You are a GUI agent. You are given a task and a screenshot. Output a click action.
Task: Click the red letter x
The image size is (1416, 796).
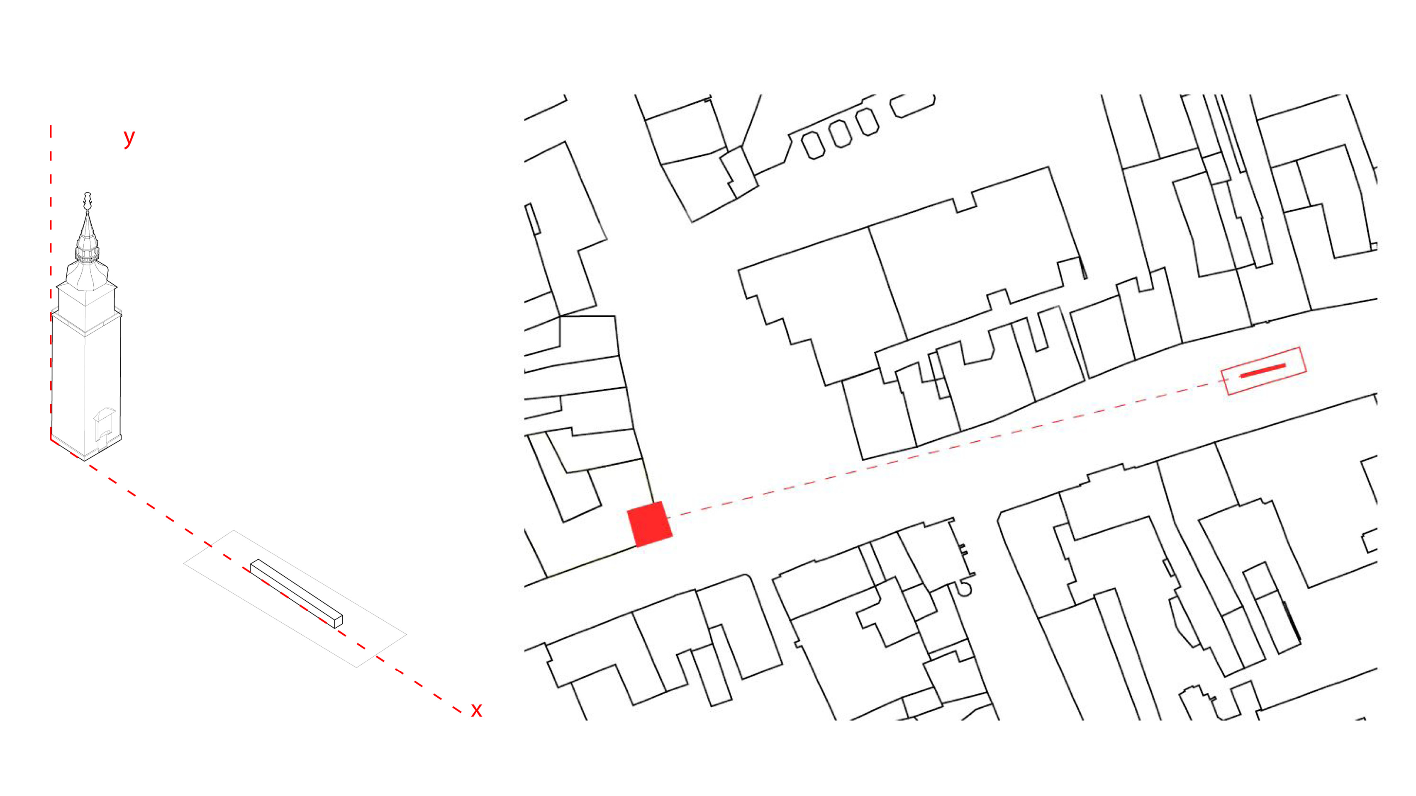[x=476, y=710]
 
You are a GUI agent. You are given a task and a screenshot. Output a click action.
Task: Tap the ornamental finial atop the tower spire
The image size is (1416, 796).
[x=87, y=201]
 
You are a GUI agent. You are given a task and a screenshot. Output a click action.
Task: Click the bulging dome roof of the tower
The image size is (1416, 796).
[x=87, y=275]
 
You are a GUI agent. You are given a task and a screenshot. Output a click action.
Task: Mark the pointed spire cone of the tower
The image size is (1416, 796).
[x=87, y=228]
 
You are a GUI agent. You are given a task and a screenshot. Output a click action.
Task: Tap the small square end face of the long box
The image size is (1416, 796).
[x=338, y=622]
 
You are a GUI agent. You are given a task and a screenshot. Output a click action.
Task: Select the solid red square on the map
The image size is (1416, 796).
[x=650, y=524]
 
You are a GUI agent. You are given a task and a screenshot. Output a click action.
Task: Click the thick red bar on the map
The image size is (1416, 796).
[x=1262, y=371]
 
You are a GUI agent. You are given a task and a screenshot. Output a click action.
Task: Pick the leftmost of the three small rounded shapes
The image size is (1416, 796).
[x=813, y=146]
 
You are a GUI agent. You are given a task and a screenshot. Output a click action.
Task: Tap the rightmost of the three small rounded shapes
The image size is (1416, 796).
[x=867, y=122]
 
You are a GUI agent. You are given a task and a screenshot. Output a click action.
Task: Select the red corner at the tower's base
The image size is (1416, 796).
[x=52, y=439]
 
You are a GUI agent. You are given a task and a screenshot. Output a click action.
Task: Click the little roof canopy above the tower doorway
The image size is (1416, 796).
[x=105, y=413]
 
